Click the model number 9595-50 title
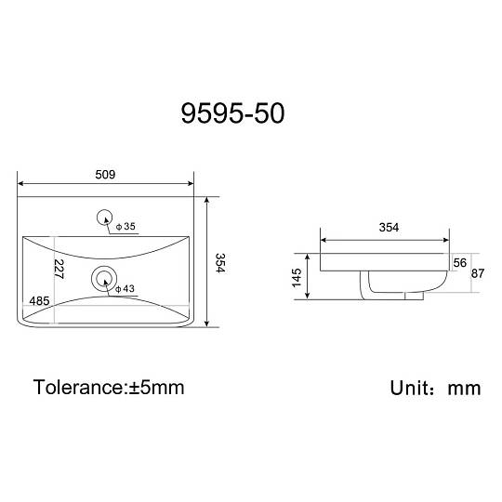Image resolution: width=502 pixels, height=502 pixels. (232, 113)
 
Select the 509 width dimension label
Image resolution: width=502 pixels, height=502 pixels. (105, 175)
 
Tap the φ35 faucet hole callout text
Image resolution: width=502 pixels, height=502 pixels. (125, 226)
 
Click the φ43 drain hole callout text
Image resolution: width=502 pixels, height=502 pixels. (125, 289)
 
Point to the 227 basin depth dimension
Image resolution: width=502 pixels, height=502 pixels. (59, 269)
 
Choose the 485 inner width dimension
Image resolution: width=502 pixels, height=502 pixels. (39, 301)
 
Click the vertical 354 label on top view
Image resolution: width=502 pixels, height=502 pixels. (220, 263)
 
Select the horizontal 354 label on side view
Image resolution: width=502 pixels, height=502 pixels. (389, 228)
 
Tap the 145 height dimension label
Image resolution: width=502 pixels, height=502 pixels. (297, 278)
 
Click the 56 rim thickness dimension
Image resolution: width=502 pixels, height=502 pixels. (460, 263)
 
